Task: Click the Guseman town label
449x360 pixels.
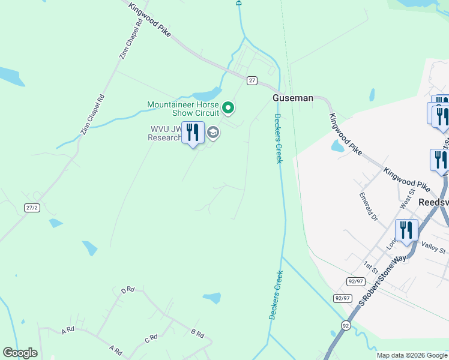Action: [x=293, y=98]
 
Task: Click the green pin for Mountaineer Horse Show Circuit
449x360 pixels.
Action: [x=228, y=108]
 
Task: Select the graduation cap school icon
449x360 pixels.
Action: [x=213, y=132]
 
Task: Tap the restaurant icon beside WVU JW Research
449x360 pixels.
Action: [x=193, y=133]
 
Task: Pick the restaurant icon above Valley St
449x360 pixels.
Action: [x=406, y=230]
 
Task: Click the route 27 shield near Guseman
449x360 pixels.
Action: [x=252, y=80]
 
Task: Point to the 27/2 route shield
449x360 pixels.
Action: [x=32, y=207]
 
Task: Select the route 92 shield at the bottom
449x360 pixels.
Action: [x=345, y=325]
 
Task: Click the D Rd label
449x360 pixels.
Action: [x=127, y=290]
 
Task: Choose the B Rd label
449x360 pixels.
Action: [x=197, y=333]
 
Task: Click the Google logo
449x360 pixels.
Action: [x=20, y=353]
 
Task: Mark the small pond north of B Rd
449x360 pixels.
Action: [x=211, y=298]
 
